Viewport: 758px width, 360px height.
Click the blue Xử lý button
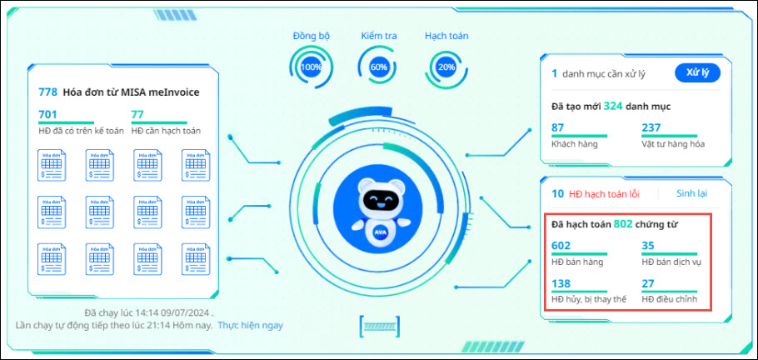point(697,72)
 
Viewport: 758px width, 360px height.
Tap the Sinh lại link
point(691,193)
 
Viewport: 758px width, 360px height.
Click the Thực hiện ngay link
point(250,324)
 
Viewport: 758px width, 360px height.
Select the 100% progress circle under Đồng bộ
point(312,67)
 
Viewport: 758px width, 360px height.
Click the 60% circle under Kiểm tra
point(379,67)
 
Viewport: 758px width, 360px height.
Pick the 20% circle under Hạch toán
point(446,67)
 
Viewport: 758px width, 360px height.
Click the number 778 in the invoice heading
point(47,92)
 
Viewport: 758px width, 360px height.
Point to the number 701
point(47,115)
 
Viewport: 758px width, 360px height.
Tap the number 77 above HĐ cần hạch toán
point(138,115)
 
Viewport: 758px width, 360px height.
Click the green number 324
point(613,107)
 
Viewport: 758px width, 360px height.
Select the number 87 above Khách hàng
point(558,128)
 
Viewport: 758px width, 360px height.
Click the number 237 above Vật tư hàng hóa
point(651,128)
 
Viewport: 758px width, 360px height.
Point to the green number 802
point(623,223)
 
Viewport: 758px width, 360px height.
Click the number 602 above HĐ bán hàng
point(561,245)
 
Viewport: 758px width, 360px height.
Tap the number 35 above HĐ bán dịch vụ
point(648,245)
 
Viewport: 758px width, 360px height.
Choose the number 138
point(561,283)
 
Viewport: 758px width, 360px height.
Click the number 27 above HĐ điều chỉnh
point(648,283)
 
